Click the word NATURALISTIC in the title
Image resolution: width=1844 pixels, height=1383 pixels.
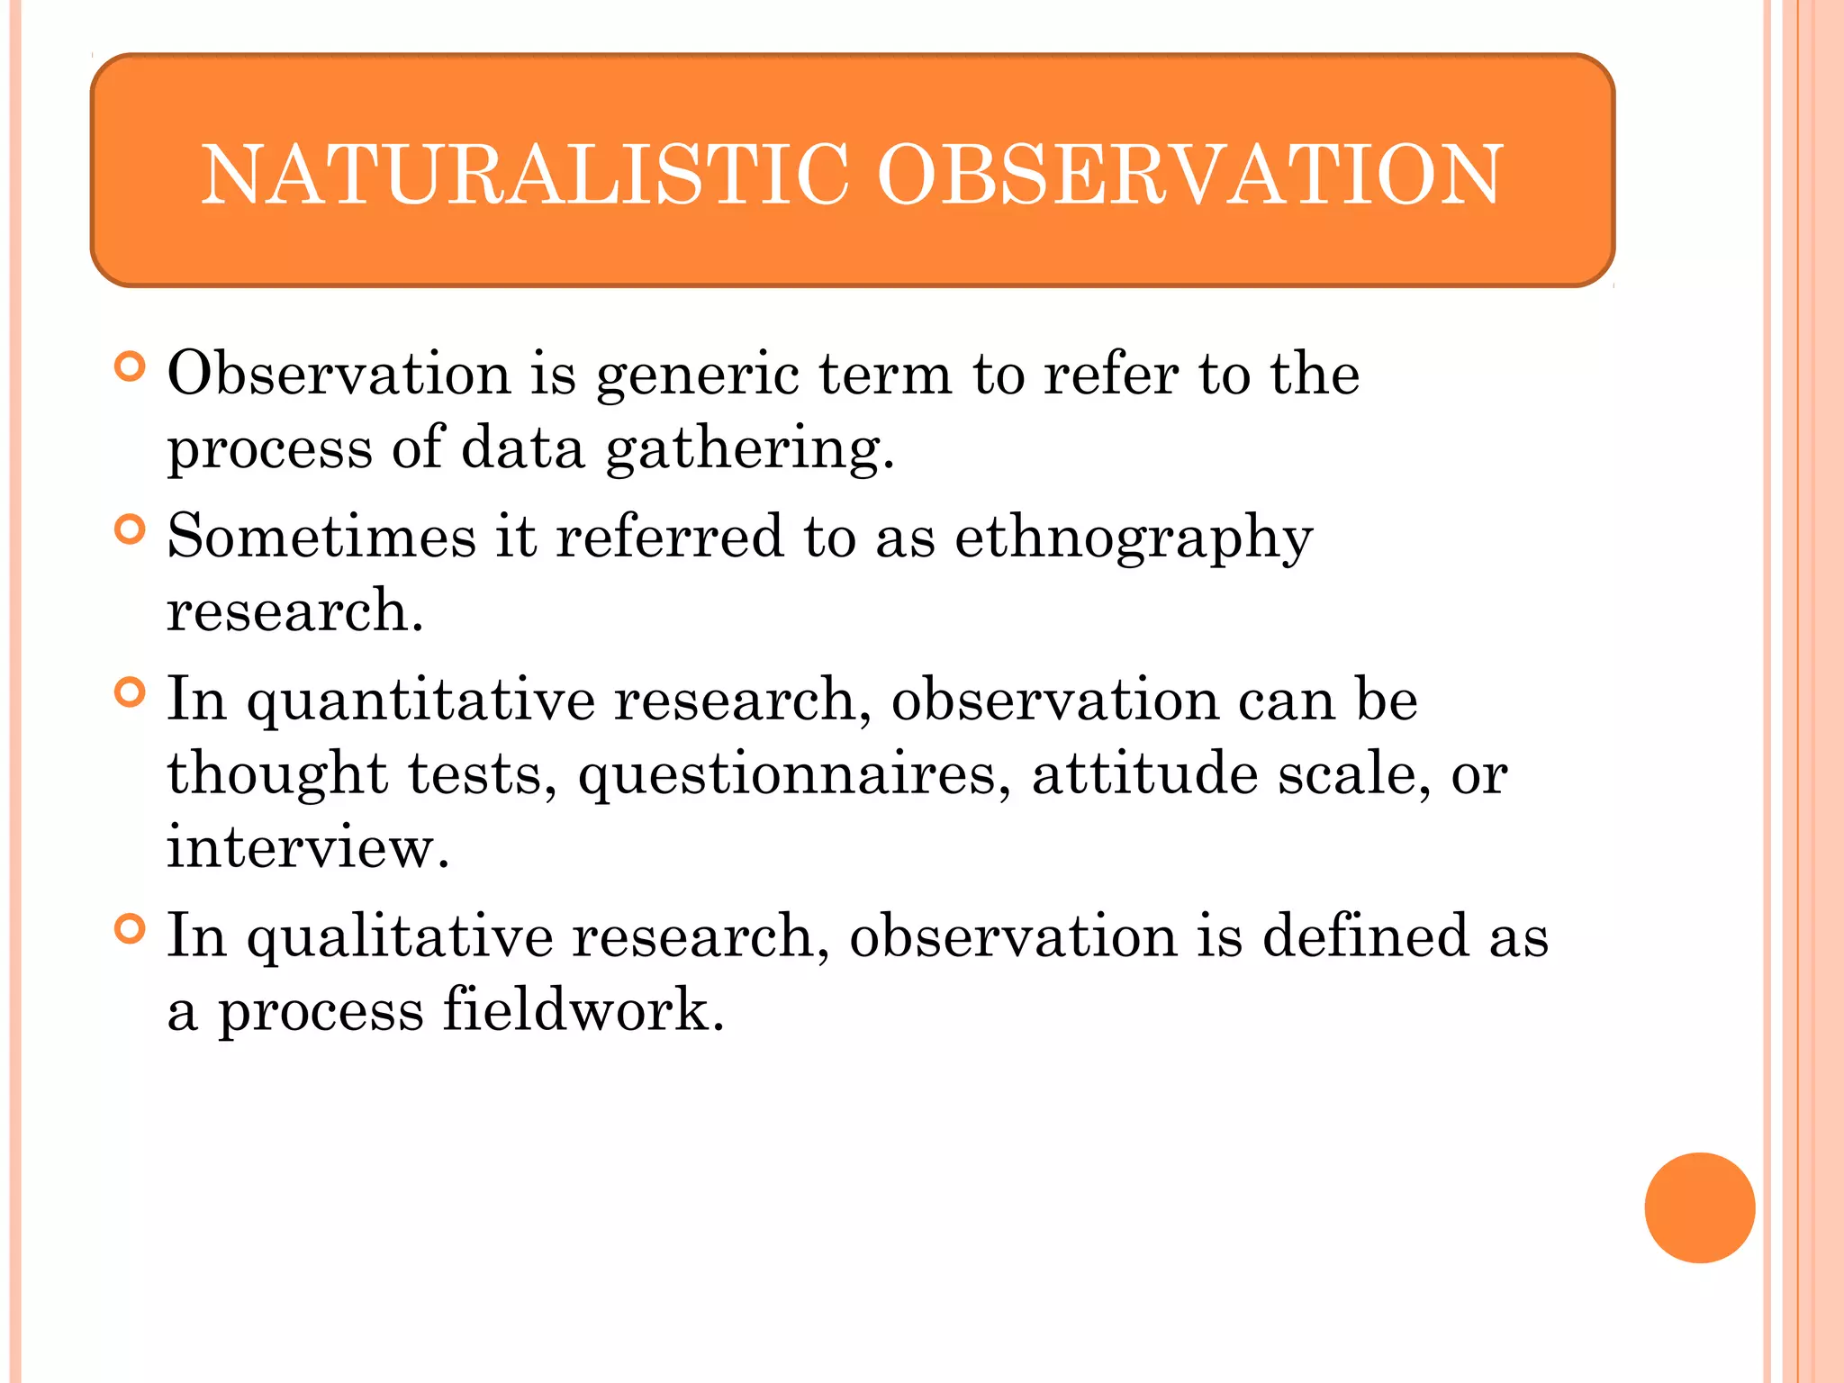coord(524,175)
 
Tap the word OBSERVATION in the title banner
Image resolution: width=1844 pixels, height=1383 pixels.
coord(1189,175)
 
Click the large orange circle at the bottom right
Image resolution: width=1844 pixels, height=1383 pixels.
coord(1699,1207)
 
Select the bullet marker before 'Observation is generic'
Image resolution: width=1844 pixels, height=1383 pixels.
coord(131,366)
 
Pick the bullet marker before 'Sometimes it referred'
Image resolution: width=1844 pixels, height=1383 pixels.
coord(131,529)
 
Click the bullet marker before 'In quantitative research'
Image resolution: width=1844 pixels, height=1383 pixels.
coord(131,692)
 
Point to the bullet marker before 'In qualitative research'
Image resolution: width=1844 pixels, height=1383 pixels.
coord(131,928)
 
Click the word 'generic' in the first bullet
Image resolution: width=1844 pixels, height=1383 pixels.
coord(697,376)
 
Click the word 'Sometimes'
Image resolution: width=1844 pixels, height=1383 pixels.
coord(321,538)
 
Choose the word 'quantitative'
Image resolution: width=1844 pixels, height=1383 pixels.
coord(420,702)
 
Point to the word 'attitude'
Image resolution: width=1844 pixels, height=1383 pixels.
coord(1143,774)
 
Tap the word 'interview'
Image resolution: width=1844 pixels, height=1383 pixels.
coord(306,847)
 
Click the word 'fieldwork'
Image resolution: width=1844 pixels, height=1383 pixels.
coord(583,1010)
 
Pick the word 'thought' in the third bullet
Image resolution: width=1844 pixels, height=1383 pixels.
coord(277,776)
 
